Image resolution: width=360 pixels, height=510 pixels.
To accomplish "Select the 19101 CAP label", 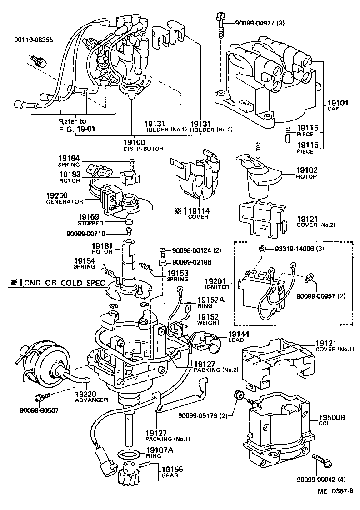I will (337, 106).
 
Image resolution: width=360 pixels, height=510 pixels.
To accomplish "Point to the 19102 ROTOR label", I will (306, 173).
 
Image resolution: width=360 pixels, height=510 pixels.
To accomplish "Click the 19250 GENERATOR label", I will (65, 198).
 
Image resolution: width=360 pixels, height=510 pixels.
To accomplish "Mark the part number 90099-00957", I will (321, 295).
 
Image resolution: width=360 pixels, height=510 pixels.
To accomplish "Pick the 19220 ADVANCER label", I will (91, 397).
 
